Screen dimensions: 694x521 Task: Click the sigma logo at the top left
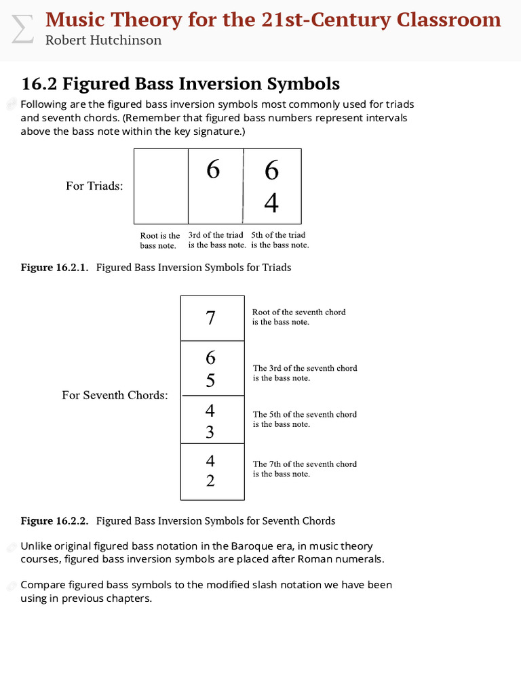point(22,29)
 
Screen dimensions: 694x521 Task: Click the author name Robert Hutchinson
point(103,40)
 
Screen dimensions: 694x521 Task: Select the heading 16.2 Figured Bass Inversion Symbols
point(180,84)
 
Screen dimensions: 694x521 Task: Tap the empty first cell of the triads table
point(161,186)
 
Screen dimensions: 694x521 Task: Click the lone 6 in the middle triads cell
point(213,169)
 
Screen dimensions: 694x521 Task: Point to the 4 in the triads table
point(271,203)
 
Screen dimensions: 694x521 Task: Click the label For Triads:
point(94,186)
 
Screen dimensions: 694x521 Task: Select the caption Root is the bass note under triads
point(160,241)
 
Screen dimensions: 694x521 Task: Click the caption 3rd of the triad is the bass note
point(216,240)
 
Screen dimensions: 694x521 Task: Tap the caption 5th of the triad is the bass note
point(279,240)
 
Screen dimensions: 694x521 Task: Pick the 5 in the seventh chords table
point(210,381)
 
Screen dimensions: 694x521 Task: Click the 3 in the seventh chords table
point(210,431)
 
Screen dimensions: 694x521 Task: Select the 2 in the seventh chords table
point(210,481)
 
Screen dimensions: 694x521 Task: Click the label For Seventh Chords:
point(115,395)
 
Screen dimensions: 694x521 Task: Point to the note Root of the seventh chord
point(298,317)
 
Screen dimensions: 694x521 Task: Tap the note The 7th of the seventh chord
point(305,468)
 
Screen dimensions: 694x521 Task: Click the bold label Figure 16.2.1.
point(54,268)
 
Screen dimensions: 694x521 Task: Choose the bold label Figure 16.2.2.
point(54,521)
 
